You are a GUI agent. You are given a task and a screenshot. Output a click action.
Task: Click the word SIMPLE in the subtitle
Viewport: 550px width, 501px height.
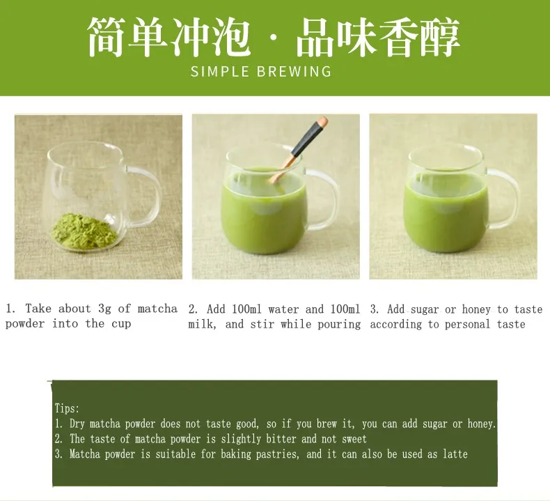(x=220, y=72)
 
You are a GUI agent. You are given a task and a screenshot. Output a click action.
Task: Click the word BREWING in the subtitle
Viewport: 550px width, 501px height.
(x=294, y=72)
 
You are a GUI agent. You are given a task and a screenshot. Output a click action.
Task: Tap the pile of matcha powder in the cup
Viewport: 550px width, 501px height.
(x=84, y=232)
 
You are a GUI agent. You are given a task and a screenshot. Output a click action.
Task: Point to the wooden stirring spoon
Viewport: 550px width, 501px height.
(x=299, y=149)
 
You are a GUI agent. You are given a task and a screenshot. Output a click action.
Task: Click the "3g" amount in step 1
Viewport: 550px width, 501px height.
(x=104, y=309)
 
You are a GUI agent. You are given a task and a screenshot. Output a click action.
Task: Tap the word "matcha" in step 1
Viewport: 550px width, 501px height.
(x=157, y=309)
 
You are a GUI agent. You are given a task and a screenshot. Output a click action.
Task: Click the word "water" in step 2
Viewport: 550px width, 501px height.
(x=283, y=309)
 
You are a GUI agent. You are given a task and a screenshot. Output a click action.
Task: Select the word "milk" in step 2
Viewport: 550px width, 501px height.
(x=201, y=325)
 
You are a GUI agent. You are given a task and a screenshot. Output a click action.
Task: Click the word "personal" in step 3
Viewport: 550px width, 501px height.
(x=467, y=325)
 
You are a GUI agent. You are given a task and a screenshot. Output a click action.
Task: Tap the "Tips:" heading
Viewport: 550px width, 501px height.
(x=67, y=408)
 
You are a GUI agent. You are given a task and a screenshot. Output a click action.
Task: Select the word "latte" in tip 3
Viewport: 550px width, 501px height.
(x=455, y=454)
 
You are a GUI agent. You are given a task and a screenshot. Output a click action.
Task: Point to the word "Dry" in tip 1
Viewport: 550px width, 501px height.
(x=77, y=424)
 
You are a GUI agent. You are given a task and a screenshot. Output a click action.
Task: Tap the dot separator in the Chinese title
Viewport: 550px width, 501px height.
(x=273, y=38)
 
